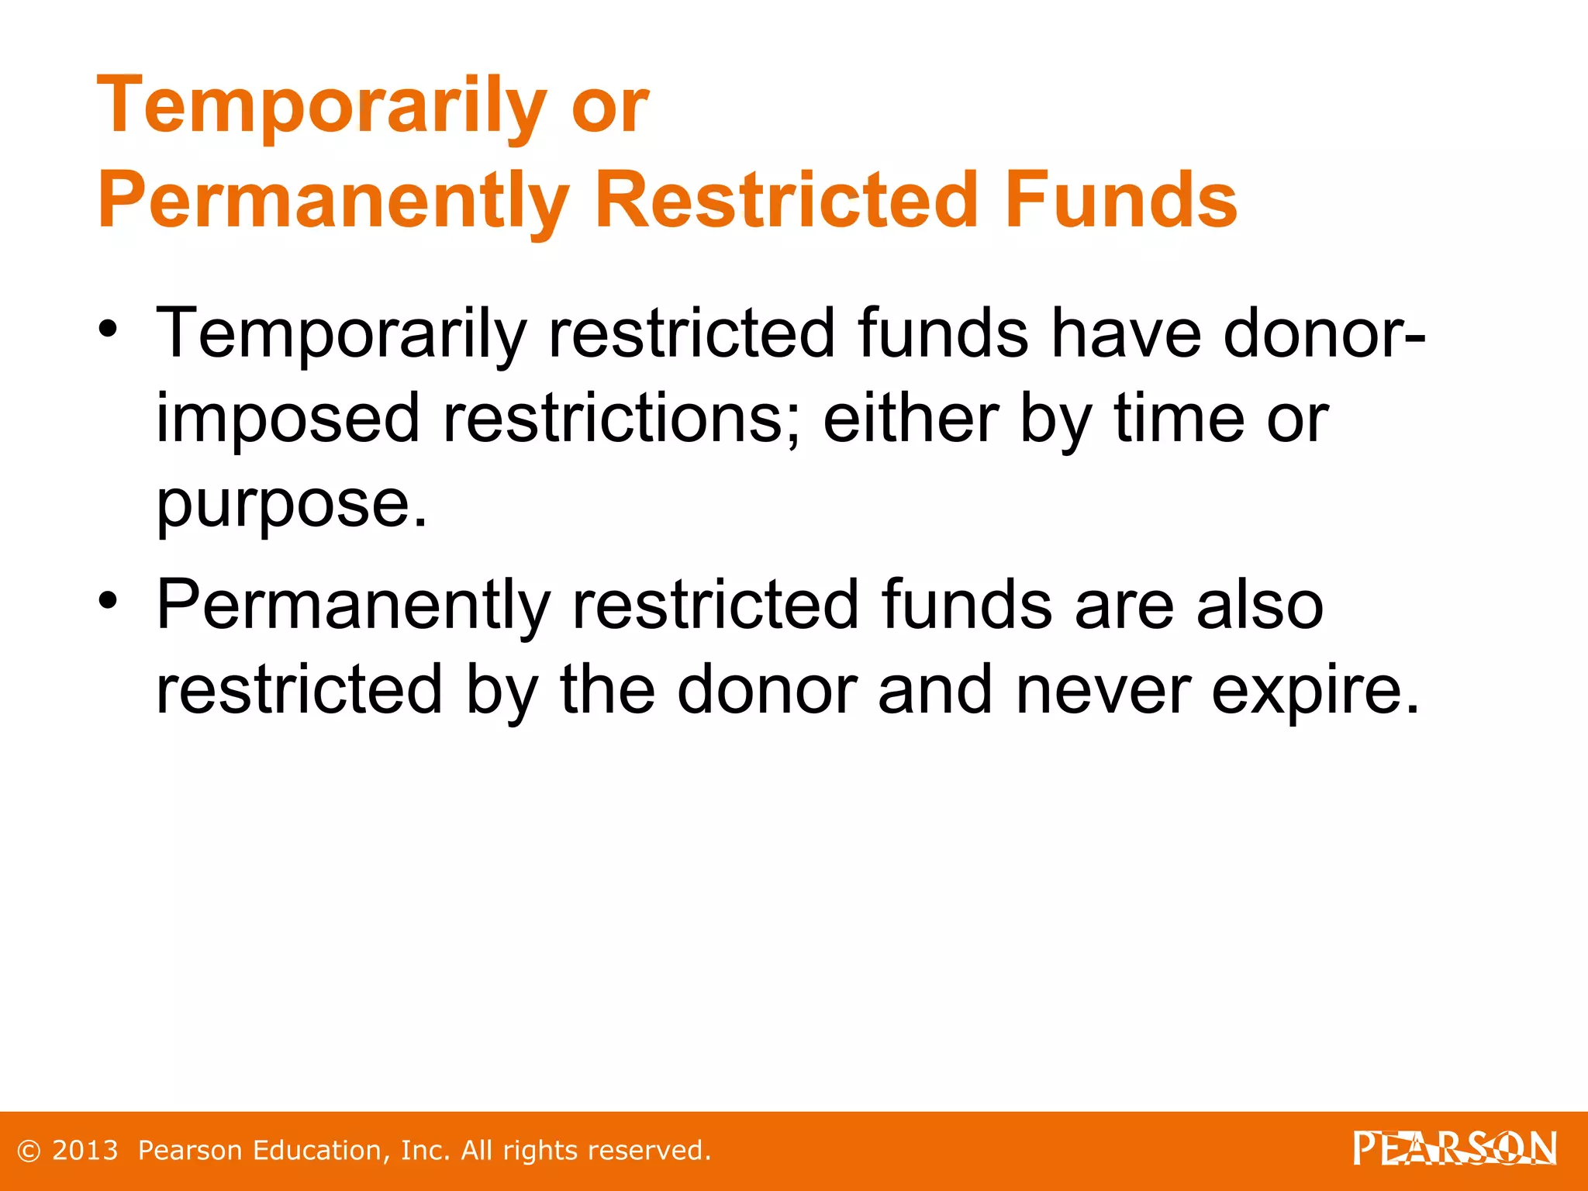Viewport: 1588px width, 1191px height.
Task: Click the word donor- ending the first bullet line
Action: [1324, 333]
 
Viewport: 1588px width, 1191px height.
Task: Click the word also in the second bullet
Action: [1259, 605]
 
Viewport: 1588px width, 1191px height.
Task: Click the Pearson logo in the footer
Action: [1455, 1149]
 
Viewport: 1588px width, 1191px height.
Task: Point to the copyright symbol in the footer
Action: [29, 1151]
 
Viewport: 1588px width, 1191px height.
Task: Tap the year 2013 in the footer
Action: [85, 1151]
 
